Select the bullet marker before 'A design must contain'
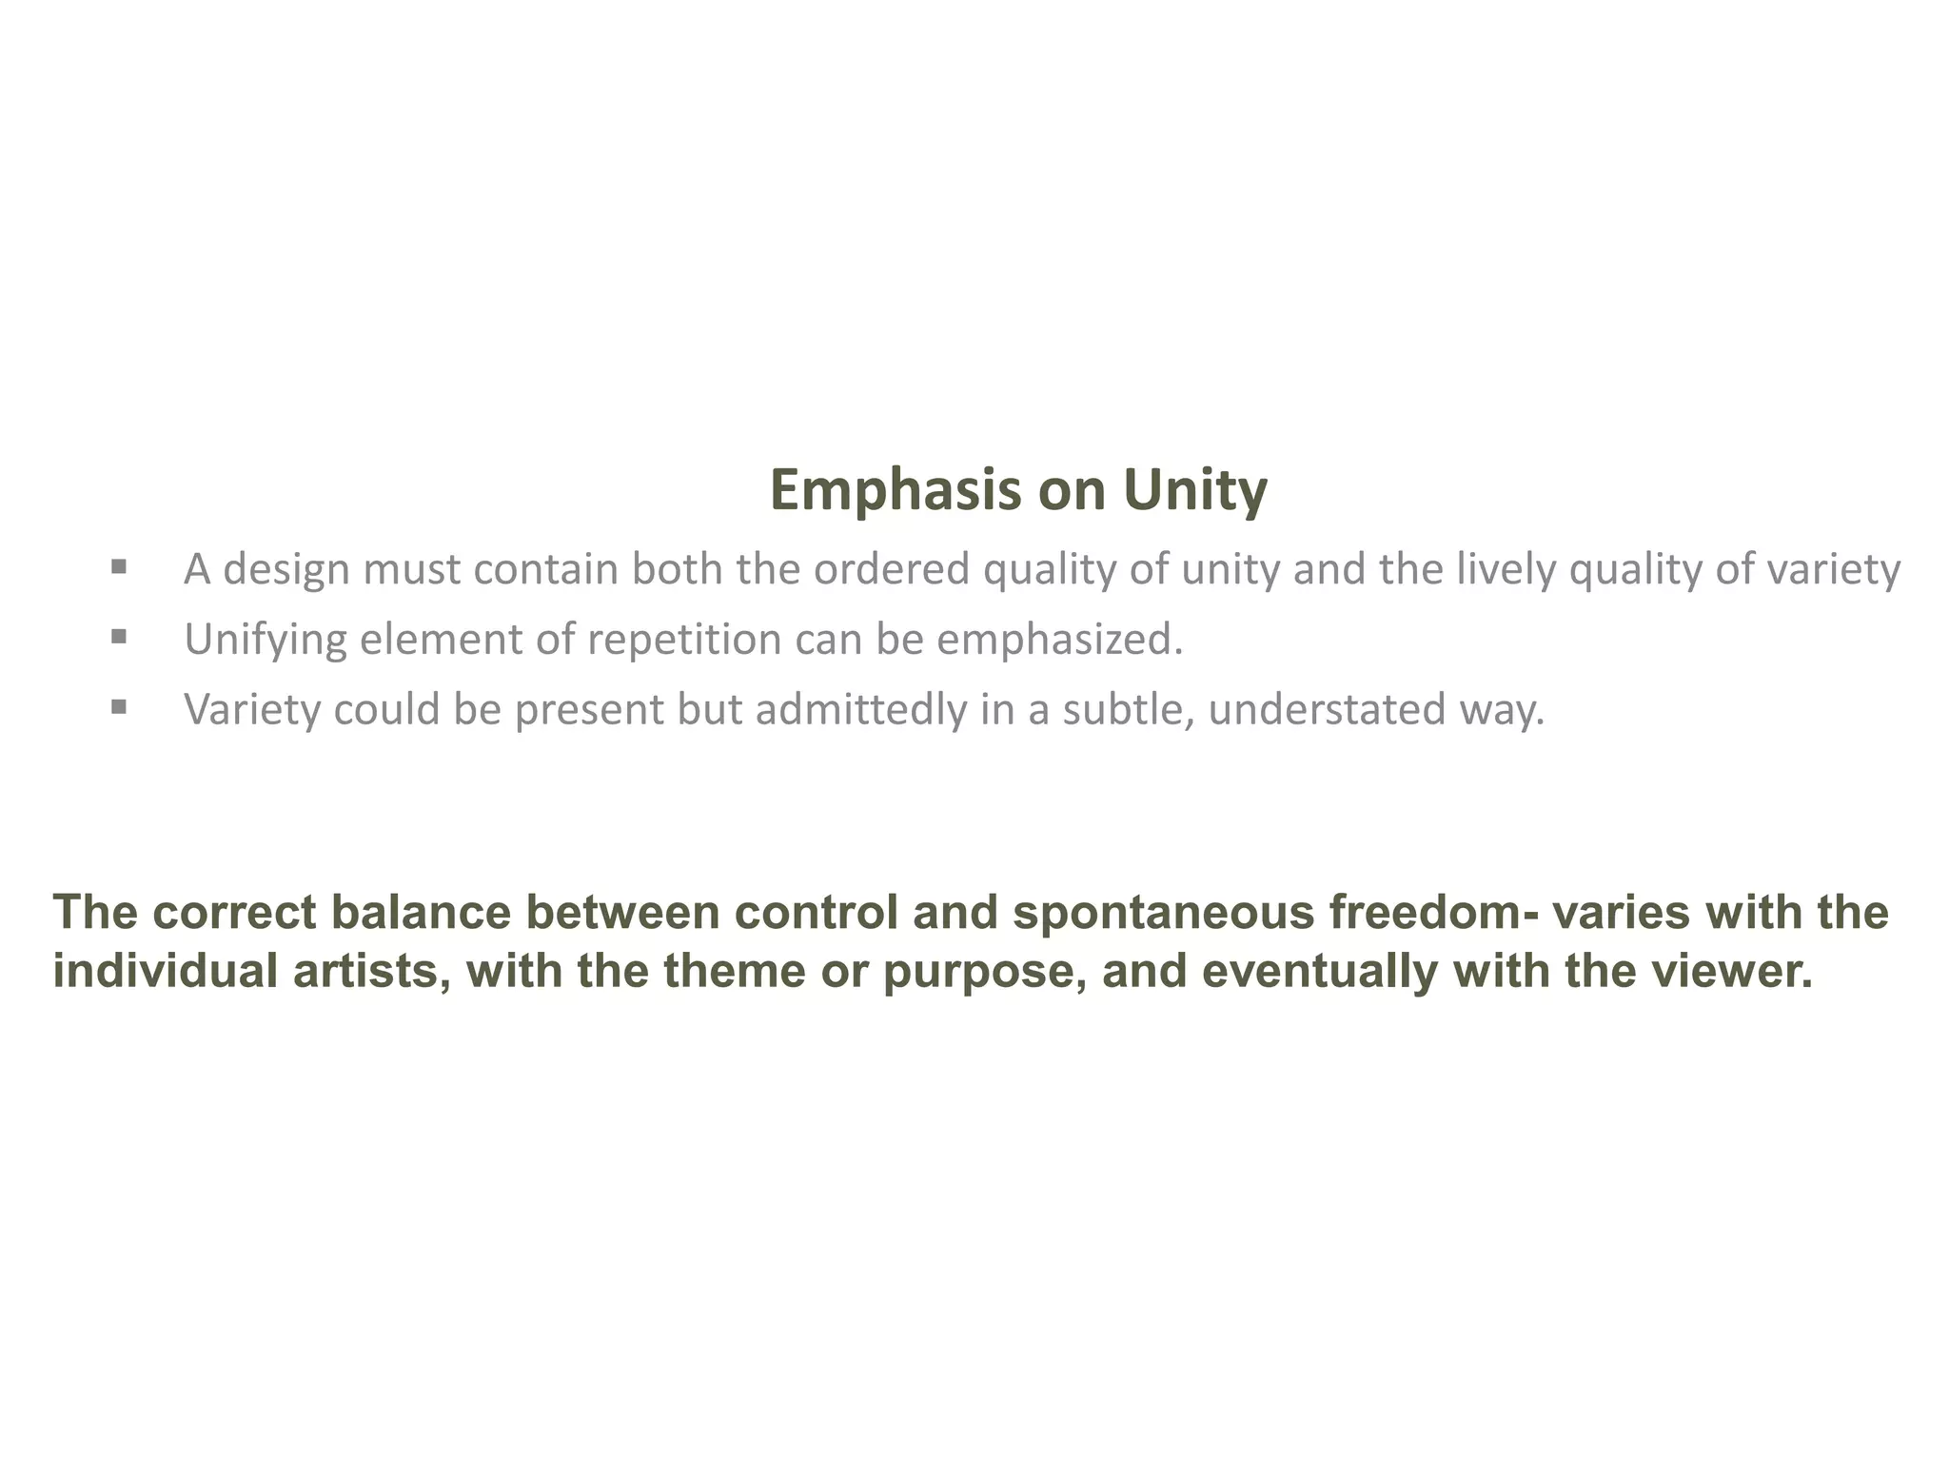[119, 567]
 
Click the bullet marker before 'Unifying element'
[119, 636]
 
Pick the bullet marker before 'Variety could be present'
[119, 706]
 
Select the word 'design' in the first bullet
[285, 569]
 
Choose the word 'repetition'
[684, 640]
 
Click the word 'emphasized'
[1053, 640]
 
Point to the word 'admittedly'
[860, 710]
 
